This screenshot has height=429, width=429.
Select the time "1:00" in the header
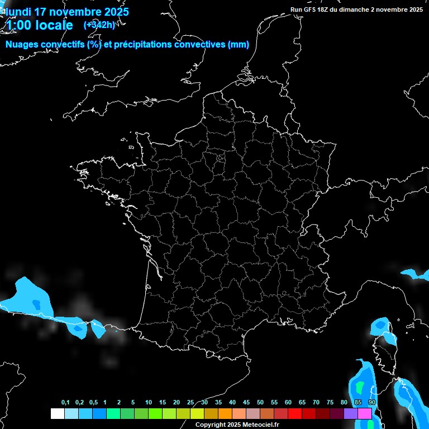pos(18,25)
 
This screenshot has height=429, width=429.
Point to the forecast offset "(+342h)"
pos(99,25)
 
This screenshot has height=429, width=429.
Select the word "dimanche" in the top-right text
pos(365,9)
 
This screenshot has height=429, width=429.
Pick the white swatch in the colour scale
pos(57,413)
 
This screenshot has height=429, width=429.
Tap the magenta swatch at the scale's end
pos(365,413)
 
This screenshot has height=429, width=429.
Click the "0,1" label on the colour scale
pos(65,403)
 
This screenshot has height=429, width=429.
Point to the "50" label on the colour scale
pos(260,403)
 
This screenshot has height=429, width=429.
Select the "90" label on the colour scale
pos(372,403)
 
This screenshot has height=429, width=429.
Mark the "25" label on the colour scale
pos(190,403)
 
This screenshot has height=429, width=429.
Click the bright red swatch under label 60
pos(295,413)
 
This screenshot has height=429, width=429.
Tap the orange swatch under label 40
pos(225,413)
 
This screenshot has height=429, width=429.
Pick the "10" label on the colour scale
pos(149,403)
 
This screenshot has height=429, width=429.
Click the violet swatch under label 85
pos(351,413)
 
